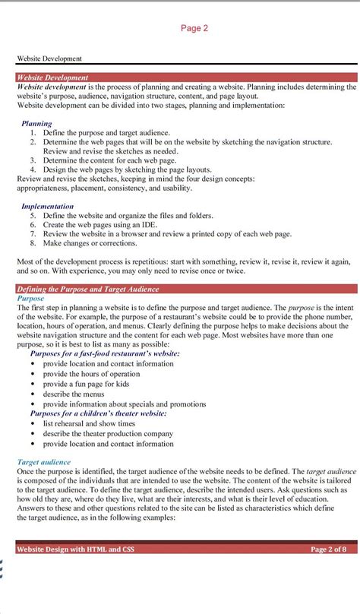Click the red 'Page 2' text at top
194,29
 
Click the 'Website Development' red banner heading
52,78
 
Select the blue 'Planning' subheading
36,123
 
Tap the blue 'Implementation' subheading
47,206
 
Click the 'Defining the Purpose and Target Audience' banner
87,289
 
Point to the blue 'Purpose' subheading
30,298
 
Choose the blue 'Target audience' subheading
43,462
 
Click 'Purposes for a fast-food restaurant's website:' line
105,353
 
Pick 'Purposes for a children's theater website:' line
98,413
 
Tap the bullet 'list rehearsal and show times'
89,423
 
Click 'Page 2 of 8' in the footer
328,549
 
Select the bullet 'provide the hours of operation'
91,374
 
